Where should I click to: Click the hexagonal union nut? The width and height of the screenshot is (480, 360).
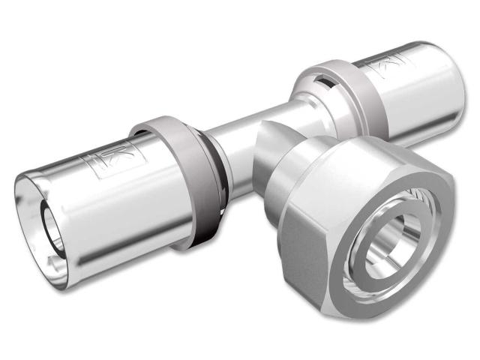(352, 225)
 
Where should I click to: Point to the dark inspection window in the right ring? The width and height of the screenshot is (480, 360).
(322, 76)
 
